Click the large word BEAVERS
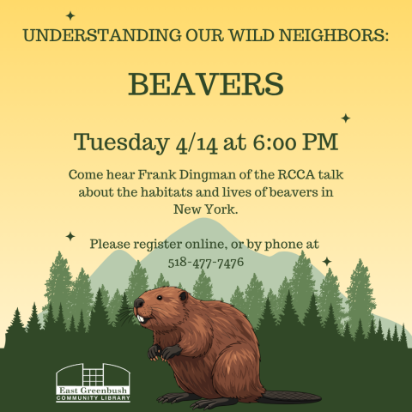pos(205,84)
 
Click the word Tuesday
pos(119,141)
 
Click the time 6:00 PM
pos(289,141)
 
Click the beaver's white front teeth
pos(140,318)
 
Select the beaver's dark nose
pos(136,305)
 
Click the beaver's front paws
pos(163,351)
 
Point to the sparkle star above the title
pos(70,15)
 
